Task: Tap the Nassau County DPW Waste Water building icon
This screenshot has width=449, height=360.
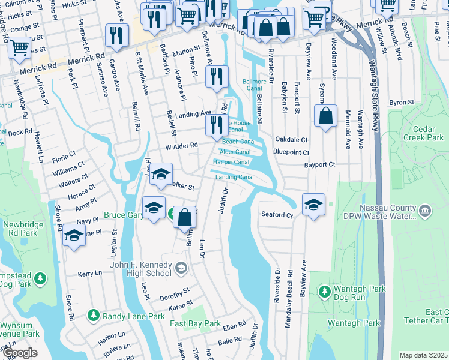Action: pyautogui.click(x=425, y=210)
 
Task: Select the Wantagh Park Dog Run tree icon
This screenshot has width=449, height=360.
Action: pyautogui.click(x=324, y=292)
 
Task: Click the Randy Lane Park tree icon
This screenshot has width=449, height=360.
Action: pyautogui.click(x=93, y=315)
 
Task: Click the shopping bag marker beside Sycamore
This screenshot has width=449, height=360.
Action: pyautogui.click(x=325, y=117)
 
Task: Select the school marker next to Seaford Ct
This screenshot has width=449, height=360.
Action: pyautogui.click(x=313, y=205)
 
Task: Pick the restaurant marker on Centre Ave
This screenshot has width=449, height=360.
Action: pyautogui.click(x=116, y=35)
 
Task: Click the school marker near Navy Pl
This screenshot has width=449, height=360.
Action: pyautogui.click(x=74, y=235)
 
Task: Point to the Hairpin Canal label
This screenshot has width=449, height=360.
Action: pyautogui.click(x=231, y=162)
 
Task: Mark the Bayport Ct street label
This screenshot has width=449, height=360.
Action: pyautogui.click(x=319, y=164)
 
